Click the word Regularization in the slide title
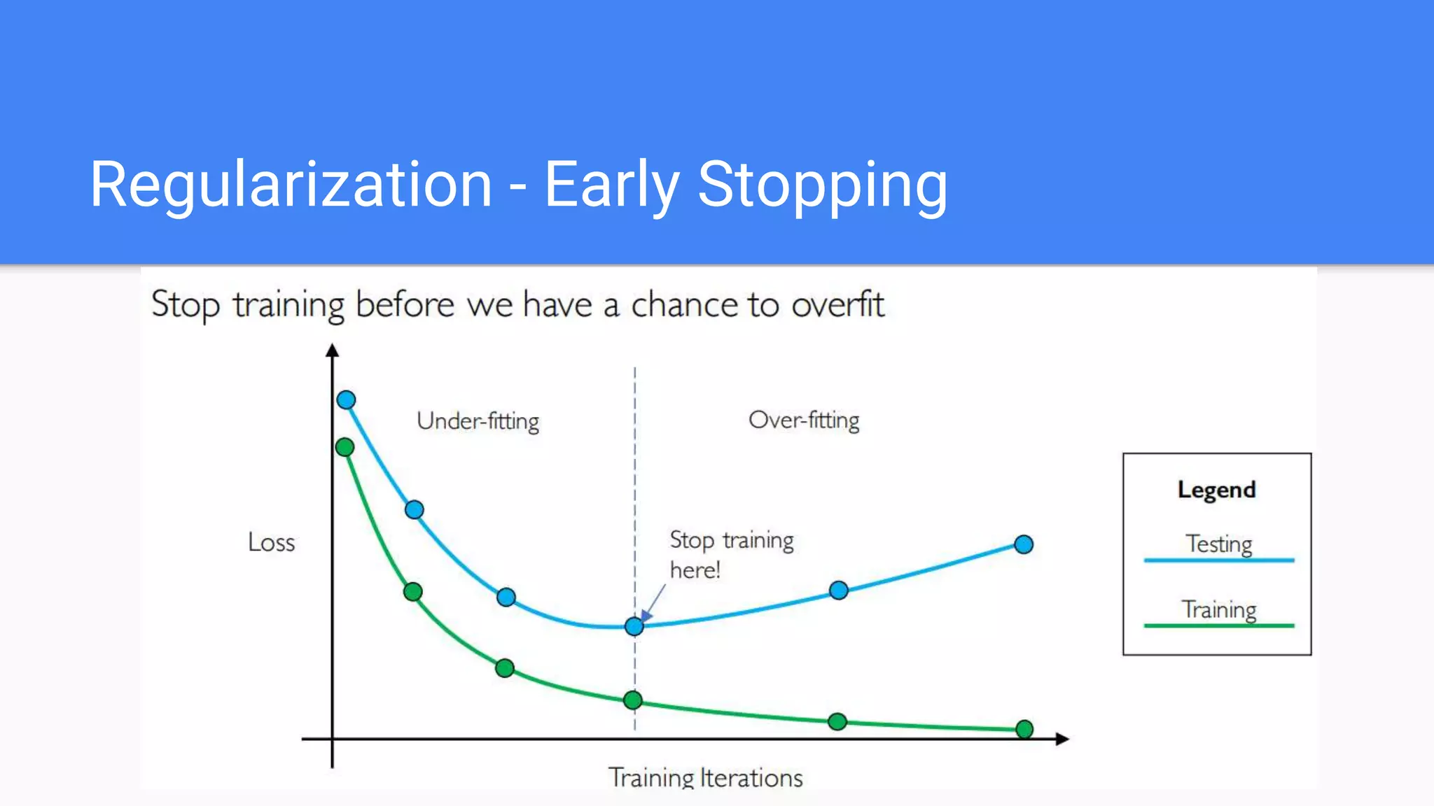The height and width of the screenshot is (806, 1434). [291, 185]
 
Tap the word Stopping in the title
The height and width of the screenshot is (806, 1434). [822, 185]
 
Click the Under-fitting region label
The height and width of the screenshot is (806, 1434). [478, 421]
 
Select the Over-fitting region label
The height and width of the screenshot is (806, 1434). [804, 420]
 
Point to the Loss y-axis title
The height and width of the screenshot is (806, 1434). [271, 542]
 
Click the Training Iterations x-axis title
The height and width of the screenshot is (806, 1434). [705, 777]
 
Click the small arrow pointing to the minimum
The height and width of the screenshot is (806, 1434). [653, 602]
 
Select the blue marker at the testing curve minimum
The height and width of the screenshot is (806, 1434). [634, 626]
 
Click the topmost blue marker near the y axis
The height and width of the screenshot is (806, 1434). [346, 400]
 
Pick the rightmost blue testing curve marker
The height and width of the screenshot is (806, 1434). [1024, 544]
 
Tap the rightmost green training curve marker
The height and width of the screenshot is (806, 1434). [1024, 729]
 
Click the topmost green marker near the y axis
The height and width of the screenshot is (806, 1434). [344, 447]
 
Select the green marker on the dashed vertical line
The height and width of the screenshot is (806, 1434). [633, 700]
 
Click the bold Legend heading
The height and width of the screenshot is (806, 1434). [1216, 490]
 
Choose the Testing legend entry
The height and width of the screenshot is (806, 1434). [1218, 544]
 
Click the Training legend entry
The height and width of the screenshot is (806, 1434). [1218, 609]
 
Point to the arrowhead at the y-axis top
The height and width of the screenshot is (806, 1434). [333, 351]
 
